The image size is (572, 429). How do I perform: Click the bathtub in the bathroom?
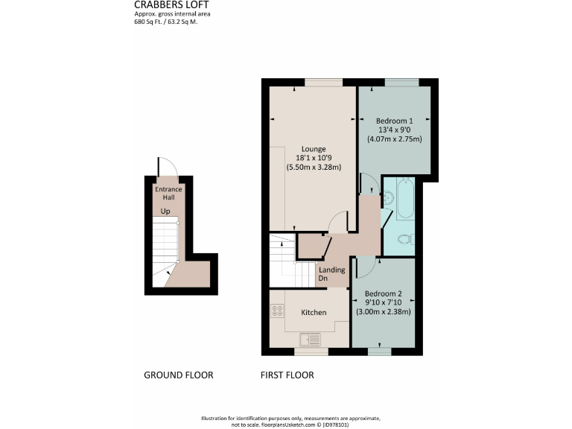click(406, 200)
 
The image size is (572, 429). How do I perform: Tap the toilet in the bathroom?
click(404, 239)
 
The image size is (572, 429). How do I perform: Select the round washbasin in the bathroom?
click(388, 198)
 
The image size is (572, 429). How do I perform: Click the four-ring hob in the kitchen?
click(277, 312)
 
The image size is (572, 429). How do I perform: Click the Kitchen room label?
click(314, 312)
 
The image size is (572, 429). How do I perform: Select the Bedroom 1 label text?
click(394, 121)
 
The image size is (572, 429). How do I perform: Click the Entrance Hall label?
click(168, 194)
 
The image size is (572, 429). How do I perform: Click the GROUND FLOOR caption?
click(178, 375)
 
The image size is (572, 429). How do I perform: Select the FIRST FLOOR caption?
click(287, 375)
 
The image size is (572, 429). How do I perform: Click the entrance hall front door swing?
click(165, 168)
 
